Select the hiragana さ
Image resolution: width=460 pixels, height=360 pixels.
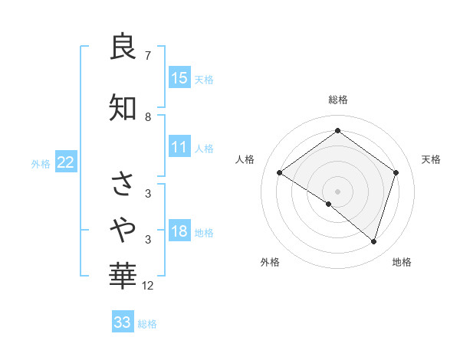pyautogui.click(x=123, y=184)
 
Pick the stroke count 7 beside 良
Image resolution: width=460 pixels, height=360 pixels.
pyautogui.click(x=147, y=56)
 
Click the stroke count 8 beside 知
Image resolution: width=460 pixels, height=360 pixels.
pyautogui.click(x=147, y=117)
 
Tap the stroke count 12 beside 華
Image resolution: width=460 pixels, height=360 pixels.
pyautogui.click(x=149, y=286)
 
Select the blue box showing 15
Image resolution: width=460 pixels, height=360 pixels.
pyautogui.click(x=179, y=77)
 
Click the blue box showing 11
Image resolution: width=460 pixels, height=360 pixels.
pyautogui.click(x=179, y=147)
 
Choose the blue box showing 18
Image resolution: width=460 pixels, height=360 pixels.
pyautogui.click(x=179, y=231)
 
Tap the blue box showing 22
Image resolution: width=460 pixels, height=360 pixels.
pyautogui.click(x=66, y=162)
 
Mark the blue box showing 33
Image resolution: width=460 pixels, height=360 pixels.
pyautogui.click(x=122, y=322)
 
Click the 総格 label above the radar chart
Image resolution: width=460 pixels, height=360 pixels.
pyautogui.click(x=337, y=100)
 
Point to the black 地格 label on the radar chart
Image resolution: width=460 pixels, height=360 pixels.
pyautogui.click(x=402, y=263)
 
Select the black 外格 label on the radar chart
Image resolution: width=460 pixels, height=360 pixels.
pyautogui.click(x=270, y=263)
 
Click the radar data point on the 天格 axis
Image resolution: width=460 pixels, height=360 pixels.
pyautogui.click(x=396, y=173)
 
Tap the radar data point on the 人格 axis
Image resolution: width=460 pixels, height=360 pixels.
pyautogui.click(x=280, y=173)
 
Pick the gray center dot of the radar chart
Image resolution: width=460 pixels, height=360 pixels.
pyautogui.click(x=337, y=191)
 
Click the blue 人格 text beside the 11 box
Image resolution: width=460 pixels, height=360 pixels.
pyautogui.click(x=204, y=149)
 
